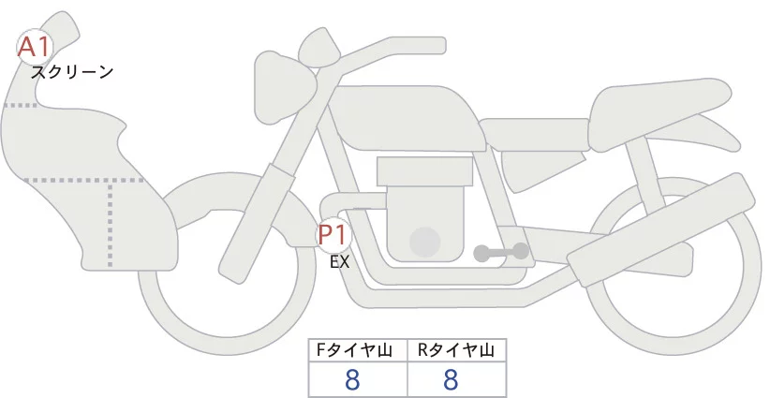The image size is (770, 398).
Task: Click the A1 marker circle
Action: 36,46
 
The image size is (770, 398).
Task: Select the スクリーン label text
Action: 72,71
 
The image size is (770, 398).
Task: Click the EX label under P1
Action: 339,263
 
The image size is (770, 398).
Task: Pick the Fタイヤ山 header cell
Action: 358,350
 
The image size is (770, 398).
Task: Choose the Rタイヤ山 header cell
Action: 456,350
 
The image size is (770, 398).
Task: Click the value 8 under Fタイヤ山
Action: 353,379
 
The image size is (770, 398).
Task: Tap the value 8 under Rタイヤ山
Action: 451,379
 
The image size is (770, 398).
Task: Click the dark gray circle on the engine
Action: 425,241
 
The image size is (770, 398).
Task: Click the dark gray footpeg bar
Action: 501,252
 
